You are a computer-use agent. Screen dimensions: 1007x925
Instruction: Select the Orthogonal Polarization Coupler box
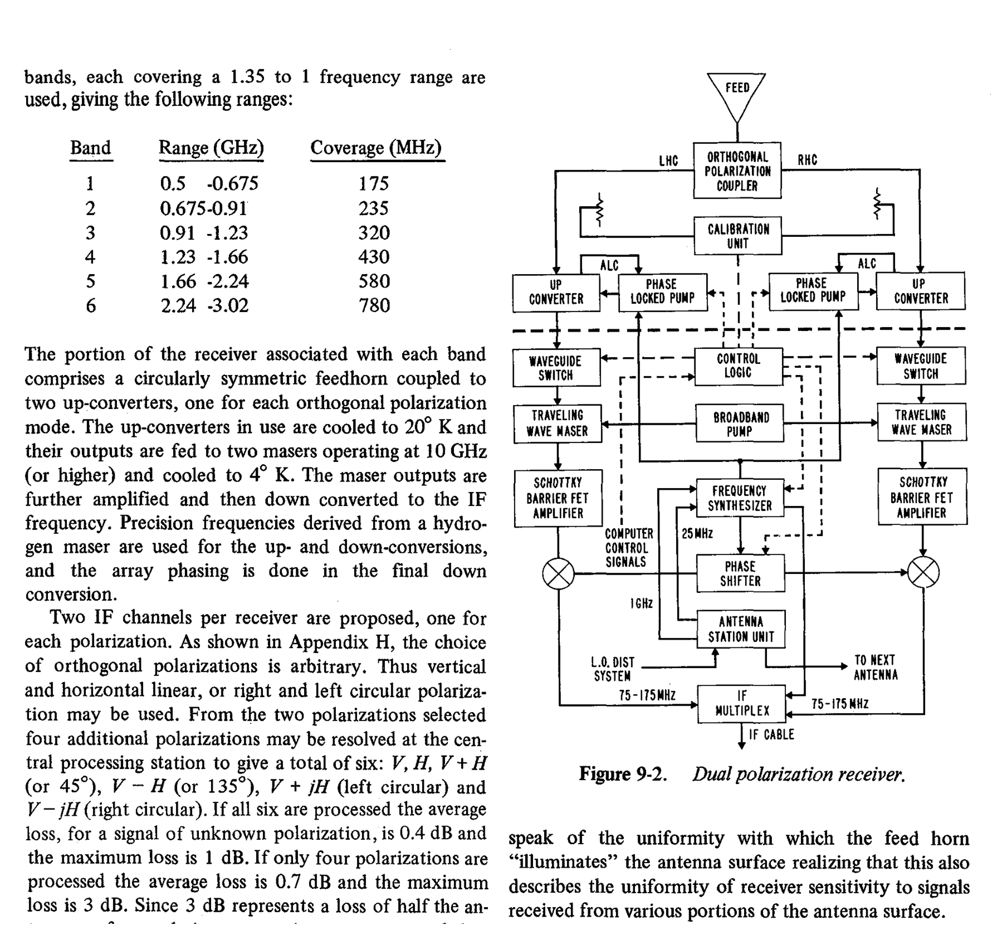coord(737,171)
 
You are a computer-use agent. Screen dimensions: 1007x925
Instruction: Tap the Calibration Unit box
coord(738,236)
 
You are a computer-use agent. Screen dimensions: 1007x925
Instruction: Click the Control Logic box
coord(739,366)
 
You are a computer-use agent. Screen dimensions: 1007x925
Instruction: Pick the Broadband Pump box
coord(740,424)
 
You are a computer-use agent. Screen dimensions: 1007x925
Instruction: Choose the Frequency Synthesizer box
coord(740,498)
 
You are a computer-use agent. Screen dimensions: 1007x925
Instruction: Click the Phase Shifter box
coord(740,573)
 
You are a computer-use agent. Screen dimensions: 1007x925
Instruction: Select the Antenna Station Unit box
coord(741,629)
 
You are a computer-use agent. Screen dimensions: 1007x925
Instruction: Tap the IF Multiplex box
coord(742,704)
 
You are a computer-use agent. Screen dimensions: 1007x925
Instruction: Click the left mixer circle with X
coord(559,573)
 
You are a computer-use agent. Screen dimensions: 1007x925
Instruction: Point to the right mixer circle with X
coord(923,573)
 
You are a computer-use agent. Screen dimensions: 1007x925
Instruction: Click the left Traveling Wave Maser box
coord(558,423)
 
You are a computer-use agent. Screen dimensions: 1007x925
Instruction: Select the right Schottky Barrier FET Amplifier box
coord(922,497)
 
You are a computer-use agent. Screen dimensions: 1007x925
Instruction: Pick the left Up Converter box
coord(556,293)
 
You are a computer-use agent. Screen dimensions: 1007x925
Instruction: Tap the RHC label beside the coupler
coord(808,160)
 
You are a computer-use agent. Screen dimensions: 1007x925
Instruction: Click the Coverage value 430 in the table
coord(374,257)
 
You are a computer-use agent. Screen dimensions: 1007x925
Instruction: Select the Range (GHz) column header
coord(211,148)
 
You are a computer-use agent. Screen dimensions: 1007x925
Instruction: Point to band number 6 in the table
coord(90,305)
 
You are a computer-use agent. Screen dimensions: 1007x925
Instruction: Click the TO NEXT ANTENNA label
coord(876,668)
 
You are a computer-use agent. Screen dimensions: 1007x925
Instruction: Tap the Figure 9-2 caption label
coord(623,774)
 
